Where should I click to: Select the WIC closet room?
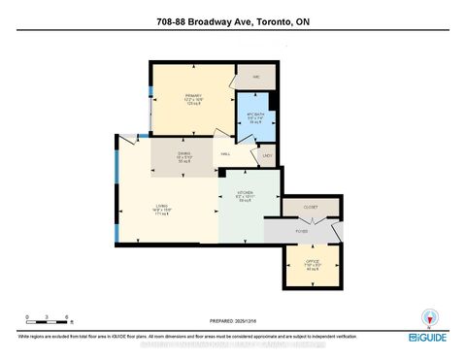click(256, 75)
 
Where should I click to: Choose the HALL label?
click(224, 153)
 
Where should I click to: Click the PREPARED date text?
click(233, 322)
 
